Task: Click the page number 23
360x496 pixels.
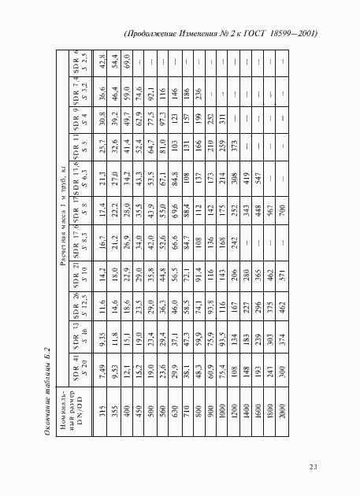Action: coord(313,468)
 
